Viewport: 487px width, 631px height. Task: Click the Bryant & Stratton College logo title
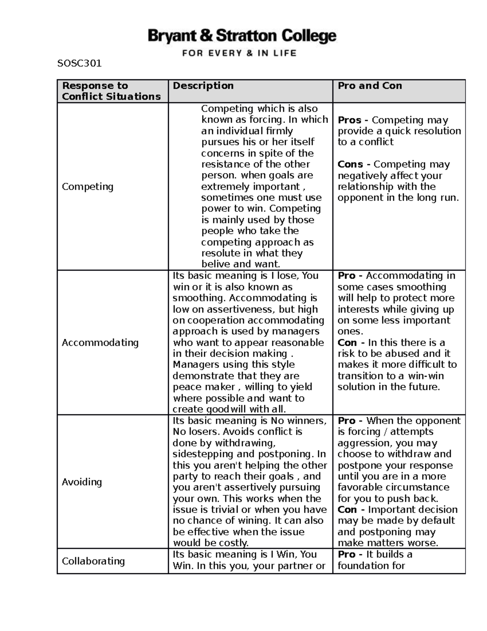point(242,36)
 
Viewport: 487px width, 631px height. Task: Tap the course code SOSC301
point(80,63)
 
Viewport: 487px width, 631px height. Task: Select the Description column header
point(203,86)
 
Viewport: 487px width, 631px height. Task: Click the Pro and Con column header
point(370,86)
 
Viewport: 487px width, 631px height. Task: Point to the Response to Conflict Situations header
point(111,91)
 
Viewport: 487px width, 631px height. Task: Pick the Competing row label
point(87,186)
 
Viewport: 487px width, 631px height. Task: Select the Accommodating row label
point(100,343)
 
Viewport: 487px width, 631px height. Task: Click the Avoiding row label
point(82,482)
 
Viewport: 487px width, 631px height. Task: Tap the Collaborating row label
point(93,561)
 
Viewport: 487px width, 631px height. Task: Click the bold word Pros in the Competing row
point(349,120)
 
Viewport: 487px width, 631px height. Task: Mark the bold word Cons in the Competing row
point(350,165)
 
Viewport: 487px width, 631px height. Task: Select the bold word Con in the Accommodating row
point(347,343)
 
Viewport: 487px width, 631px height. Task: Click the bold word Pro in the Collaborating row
point(346,555)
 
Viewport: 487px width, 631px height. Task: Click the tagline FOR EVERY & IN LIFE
point(239,53)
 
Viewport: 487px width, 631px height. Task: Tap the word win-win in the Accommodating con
point(426,376)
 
